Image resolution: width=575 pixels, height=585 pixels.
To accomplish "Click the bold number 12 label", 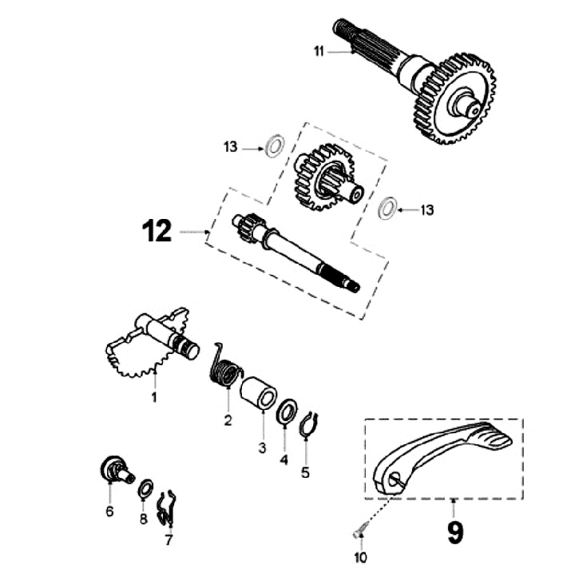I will pyautogui.click(x=157, y=232).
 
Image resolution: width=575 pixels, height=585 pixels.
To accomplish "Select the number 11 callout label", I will pyautogui.click(x=319, y=51).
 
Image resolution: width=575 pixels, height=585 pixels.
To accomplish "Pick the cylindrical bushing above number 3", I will pyautogui.click(x=260, y=396).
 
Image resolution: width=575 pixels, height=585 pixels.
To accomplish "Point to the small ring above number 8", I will pyautogui.click(x=145, y=489).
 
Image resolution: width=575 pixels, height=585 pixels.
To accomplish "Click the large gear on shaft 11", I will pyautogui.click(x=454, y=96).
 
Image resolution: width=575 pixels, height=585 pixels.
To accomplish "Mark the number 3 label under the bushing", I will pyautogui.click(x=261, y=448).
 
